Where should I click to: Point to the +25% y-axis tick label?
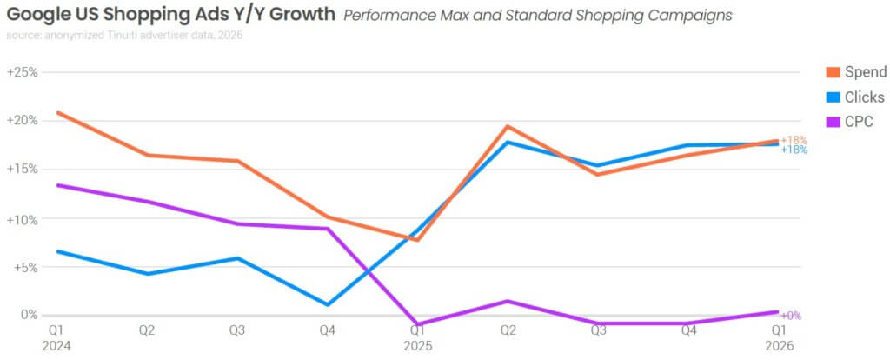[x=22, y=72]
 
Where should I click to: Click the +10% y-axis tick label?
[x=22, y=219]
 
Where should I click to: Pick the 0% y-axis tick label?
[x=28, y=315]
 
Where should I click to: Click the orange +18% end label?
[x=794, y=140]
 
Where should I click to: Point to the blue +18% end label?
[x=794, y=150]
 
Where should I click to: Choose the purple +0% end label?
[x=791, y=316]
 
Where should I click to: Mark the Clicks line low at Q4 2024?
[x=327, y=304]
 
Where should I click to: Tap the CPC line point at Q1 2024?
[x=56, y=185]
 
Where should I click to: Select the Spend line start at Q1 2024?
[x=56, y=112]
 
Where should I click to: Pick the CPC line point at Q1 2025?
[x=418, y=324]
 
